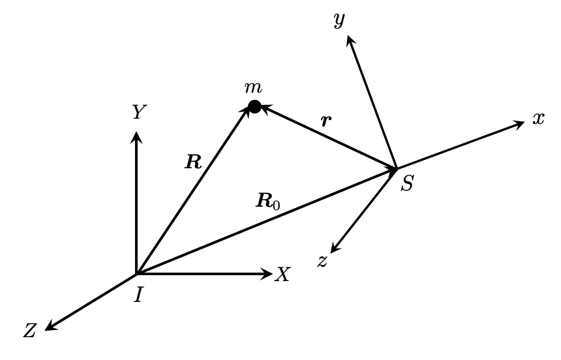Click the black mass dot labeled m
(255, 106)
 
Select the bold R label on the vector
(193, 162)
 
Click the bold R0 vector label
(267, 201)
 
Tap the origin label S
(407, 185)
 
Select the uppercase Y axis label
(137, 113)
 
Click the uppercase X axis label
(282, 275)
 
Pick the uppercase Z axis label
(30, 331)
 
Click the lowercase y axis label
(339, 22)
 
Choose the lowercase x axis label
(538, 119)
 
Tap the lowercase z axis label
(322, 261)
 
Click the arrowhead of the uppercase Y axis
(136, 136)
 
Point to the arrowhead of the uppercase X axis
(267, 274)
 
